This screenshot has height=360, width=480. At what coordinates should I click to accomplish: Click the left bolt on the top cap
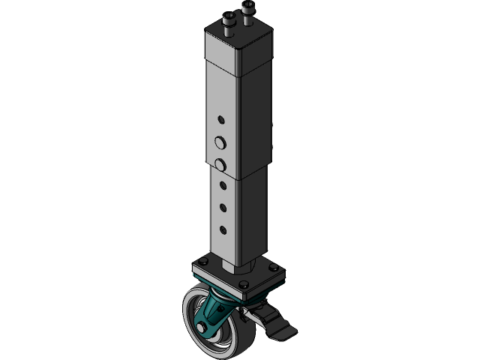(x=227, y=22)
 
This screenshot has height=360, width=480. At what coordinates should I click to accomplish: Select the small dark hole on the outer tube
(x=220, y=119)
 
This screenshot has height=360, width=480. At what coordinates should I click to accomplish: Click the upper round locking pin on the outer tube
(x=220, y=142)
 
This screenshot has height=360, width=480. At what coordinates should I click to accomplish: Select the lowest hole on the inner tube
(x=222, y=229)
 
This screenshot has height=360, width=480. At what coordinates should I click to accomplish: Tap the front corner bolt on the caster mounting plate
(x=243, y=284)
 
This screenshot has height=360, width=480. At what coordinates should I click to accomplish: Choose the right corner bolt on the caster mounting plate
(x=274, y=268)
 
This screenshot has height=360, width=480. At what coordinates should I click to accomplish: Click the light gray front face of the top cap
(x=222, y=54)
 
